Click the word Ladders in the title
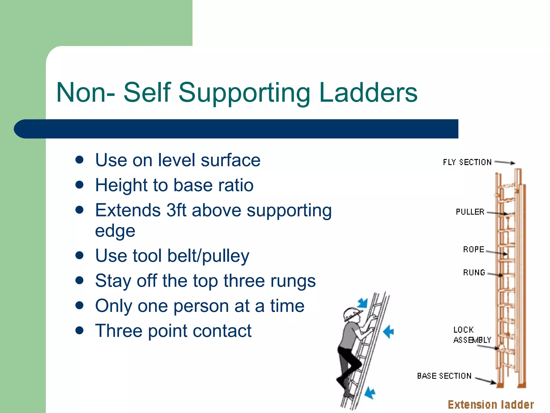coord(368,92)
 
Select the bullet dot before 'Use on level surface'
coord(79,160)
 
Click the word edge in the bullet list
coord(115,231)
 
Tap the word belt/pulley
coord(208,256)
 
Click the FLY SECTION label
coord(467,162)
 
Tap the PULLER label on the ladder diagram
coord(470,212)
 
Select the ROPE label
coord(473,249)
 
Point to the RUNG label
coord(474,272)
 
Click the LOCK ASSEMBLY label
coord(472,335)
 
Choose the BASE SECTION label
coord(444,376)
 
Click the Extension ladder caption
coord(491,405)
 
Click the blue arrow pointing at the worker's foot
coord(370,393)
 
